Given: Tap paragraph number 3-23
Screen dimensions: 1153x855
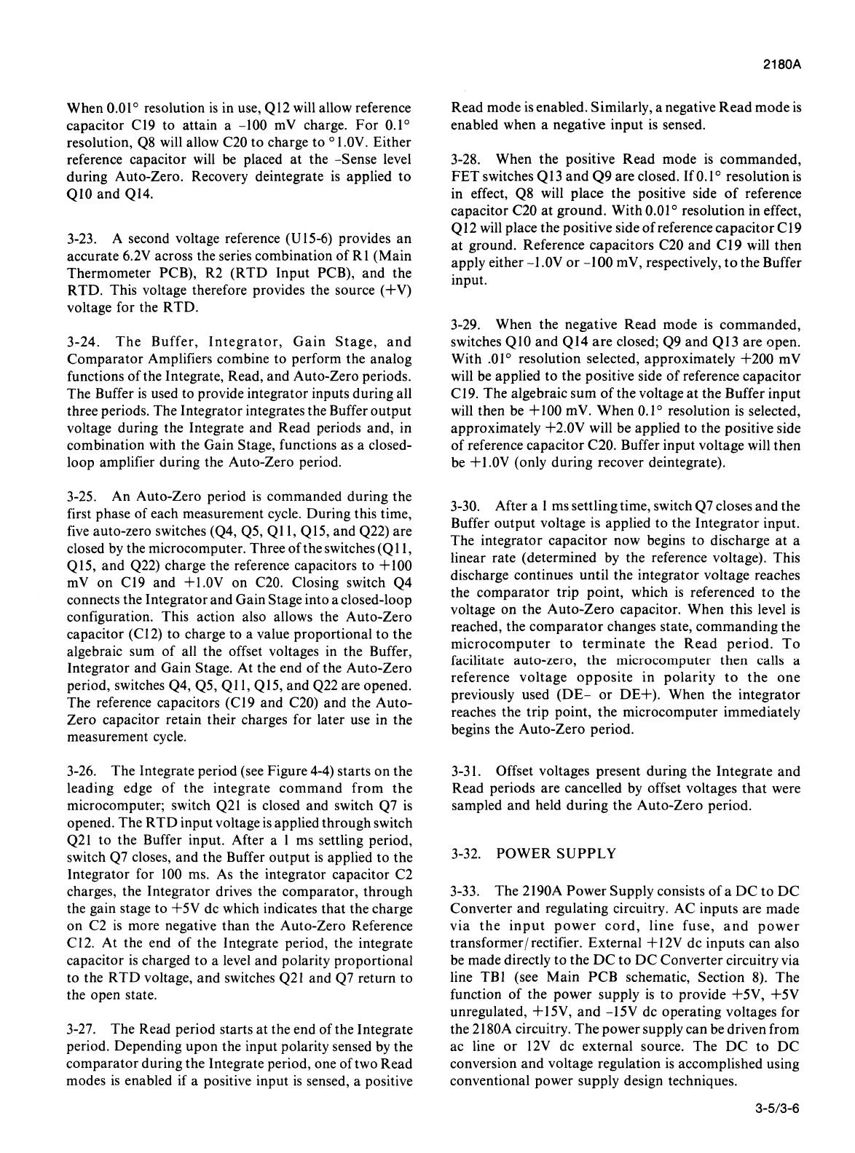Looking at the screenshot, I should point(79,239).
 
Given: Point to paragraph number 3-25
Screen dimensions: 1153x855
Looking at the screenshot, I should point(79,497).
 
